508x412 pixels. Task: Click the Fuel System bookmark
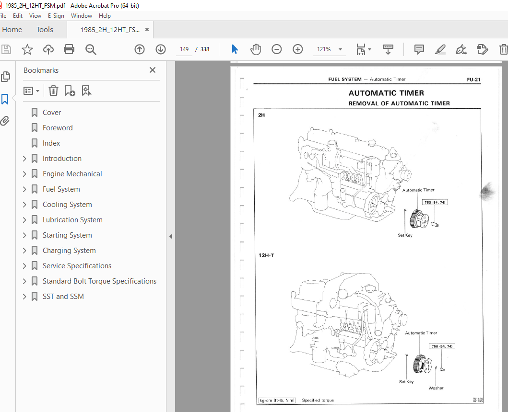[61, 189]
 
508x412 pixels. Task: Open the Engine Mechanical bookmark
[72, 174]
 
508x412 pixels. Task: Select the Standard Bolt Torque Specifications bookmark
[99, 281]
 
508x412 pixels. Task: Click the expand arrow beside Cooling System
[24, 205]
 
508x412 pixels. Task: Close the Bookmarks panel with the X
[153, 70]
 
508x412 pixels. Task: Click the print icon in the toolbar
[69, 49]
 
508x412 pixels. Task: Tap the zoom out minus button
[276, 49]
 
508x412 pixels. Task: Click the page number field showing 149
[184, 49]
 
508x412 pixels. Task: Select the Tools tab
[45, 30]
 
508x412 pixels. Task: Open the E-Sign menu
[56, 15]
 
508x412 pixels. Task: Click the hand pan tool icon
[256, 49]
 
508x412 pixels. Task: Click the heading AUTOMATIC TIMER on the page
[386, 93]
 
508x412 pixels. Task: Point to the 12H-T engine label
[266, 255]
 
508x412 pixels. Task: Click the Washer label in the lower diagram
[436, 388]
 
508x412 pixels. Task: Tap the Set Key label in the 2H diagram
[405, 235]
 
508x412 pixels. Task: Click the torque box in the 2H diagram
[435, 203]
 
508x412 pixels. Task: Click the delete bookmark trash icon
[53, 91]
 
